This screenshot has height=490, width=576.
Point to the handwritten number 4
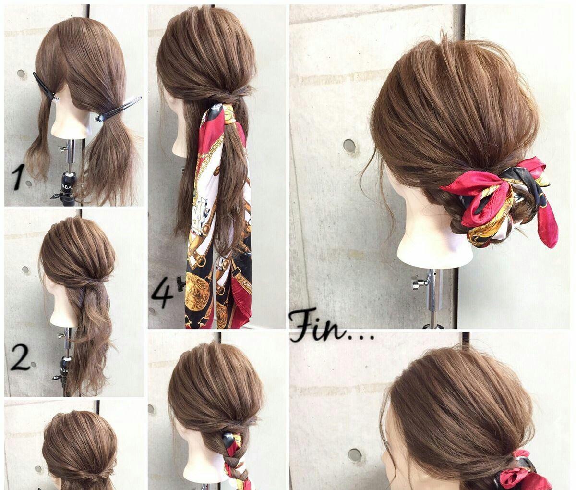coord(163,294)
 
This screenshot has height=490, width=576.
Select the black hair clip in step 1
coord(46,86)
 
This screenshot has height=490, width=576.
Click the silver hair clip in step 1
coord(118,109)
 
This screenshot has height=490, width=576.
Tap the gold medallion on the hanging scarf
coord(197,289)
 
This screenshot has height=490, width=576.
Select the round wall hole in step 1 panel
coord(21,73)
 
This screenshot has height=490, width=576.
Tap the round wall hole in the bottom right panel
coord(355,455)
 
